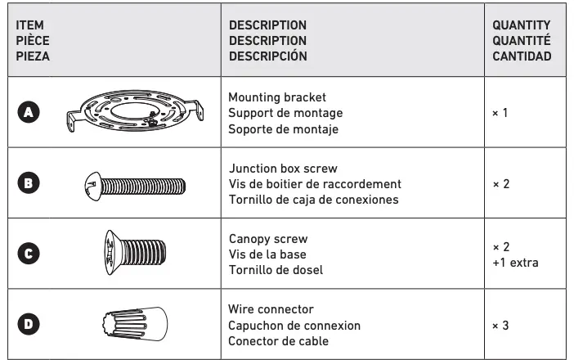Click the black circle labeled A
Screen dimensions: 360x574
(x=28, y=114)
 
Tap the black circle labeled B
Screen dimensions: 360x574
(x=28, y=184)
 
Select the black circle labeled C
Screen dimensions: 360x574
(x=28, y=254)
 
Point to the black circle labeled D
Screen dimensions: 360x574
(x=28, y=324)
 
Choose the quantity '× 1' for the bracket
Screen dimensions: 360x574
(x=500, y=113)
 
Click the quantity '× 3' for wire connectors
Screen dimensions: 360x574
(x=500, y=325)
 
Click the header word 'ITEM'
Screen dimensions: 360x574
(x=29, y=25)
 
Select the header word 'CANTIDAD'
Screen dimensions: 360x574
(x=521, y=56)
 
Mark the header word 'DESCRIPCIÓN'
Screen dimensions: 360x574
(x=267, y=56)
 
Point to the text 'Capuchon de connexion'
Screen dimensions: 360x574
(x=294, y=325)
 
